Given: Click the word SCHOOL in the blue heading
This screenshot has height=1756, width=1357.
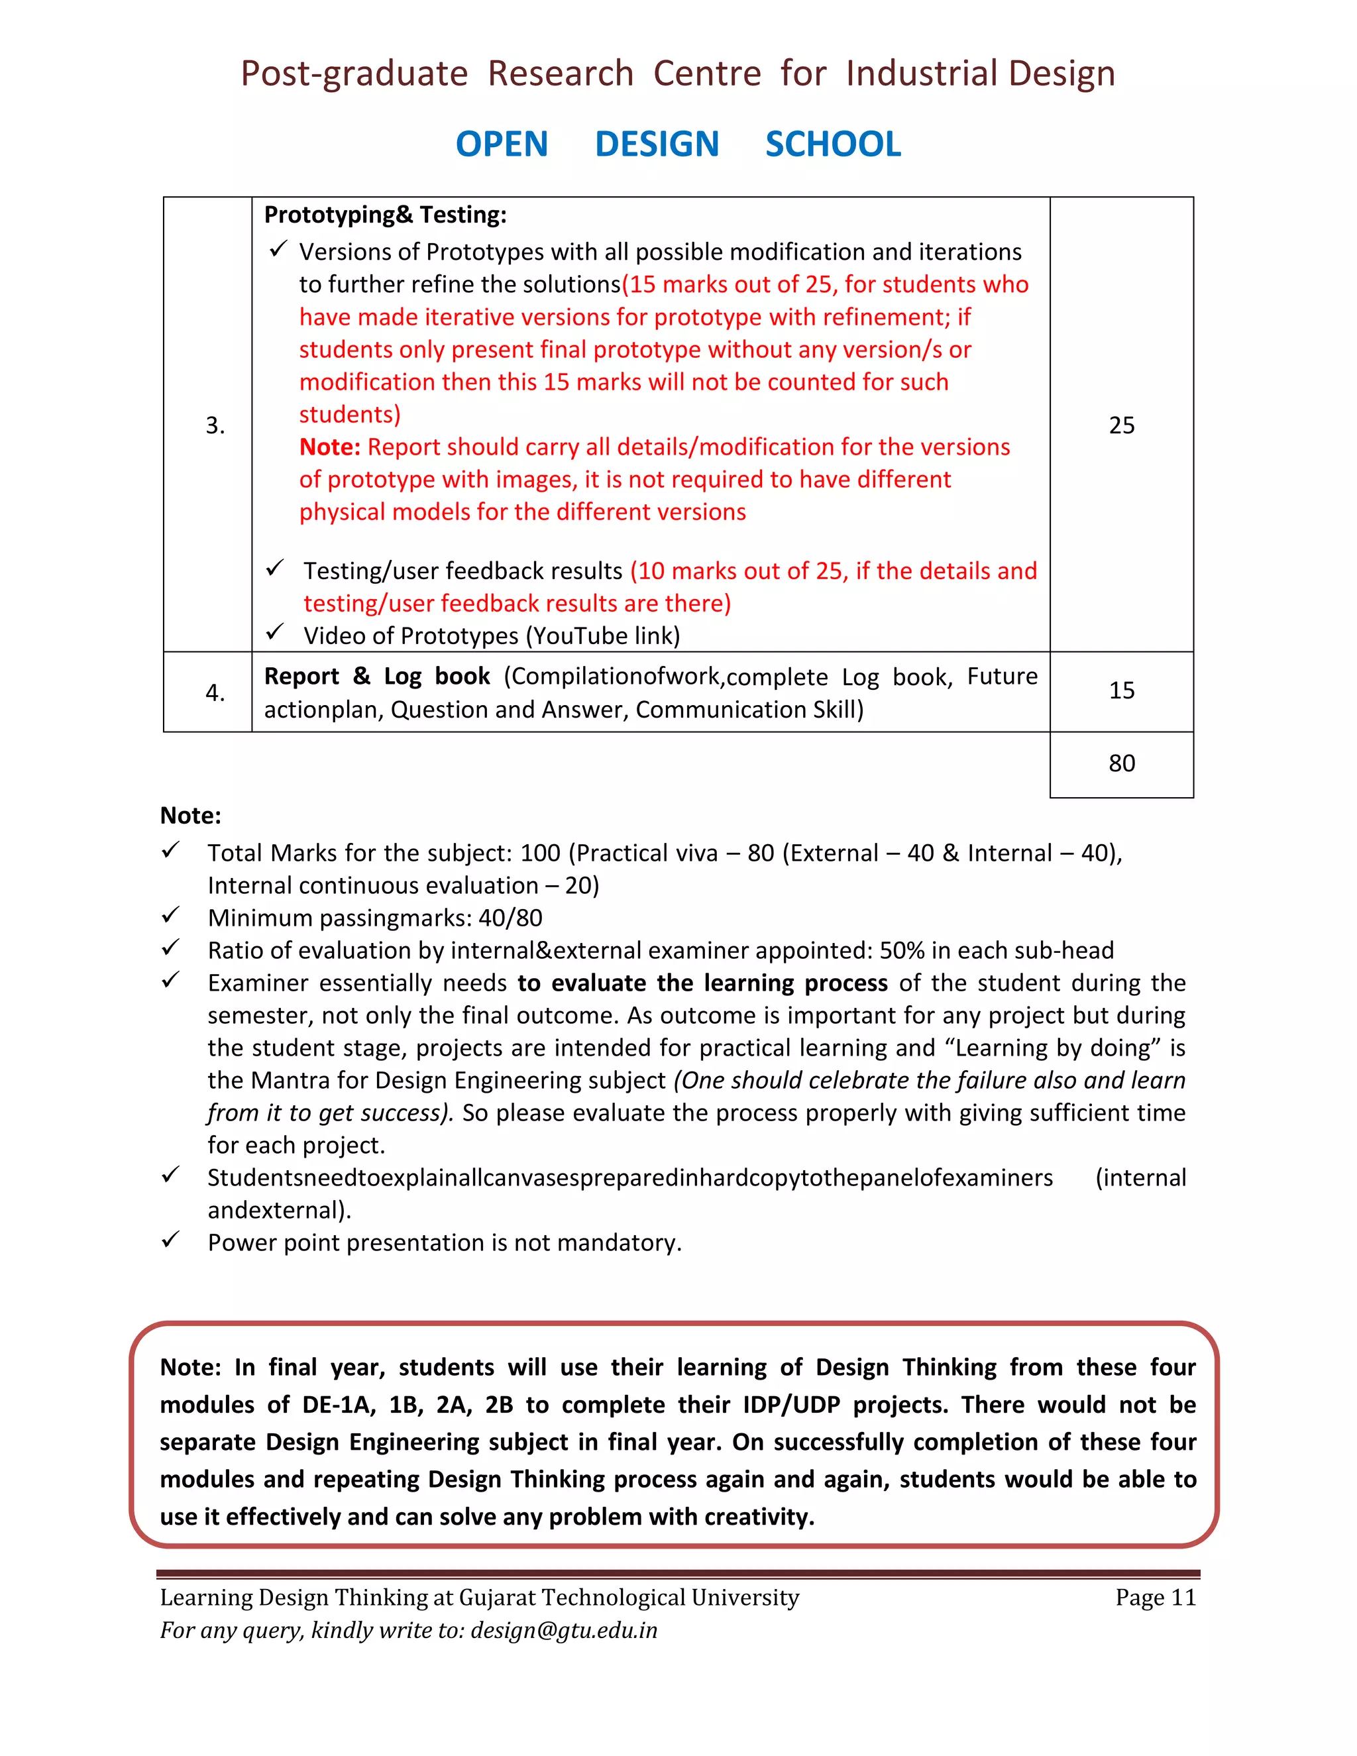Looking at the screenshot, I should coord(833,144).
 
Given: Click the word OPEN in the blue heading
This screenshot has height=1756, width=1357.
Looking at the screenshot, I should coord(502,144).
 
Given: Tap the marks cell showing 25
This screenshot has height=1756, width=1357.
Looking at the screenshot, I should coord(1122,425).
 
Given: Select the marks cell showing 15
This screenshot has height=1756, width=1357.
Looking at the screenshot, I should coord(1122,690).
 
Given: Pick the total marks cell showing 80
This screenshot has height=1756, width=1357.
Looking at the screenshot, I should coord(1122,763).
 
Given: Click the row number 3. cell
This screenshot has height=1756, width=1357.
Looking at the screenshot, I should coord(215,425).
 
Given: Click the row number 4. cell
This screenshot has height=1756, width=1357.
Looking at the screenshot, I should coord(215,692).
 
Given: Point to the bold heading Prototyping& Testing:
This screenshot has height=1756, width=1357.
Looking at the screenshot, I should coord(385,215).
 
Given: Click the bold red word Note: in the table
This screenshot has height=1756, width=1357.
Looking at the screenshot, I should coord(329,447).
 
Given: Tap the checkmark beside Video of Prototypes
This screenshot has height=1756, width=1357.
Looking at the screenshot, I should coord(275,632).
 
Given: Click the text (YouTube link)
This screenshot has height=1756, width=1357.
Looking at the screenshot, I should coord(603,636).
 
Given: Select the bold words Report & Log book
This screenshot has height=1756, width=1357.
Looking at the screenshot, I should coord(376,676).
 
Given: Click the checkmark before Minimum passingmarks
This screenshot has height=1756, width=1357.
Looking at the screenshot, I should coord(170,915).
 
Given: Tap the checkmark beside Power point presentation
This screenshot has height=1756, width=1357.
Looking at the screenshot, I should coord(170,1240).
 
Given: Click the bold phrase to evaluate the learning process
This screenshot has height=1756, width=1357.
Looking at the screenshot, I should coord(702,983).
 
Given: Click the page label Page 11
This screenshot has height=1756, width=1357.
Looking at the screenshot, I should coord(1155,1598).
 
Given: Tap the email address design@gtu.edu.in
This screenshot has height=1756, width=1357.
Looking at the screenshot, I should coord(564,1631).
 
